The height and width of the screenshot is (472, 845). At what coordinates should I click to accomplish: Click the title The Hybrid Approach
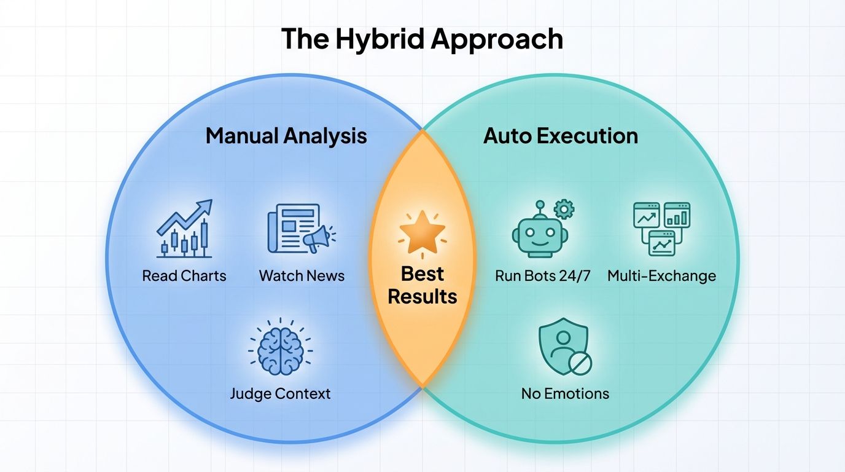pyautogui.click(x=422, y=39)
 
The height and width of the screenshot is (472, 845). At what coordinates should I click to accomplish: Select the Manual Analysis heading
pyautogui.click(x=286, y=136)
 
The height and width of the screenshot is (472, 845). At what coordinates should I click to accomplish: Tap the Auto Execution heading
pyautogui.click(x=560, y=136)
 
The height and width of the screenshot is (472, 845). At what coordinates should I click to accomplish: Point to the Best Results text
pyautogui.click(x=422, y=285)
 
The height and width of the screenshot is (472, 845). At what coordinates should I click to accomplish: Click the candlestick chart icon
pyautogui.click(x=184, y=229)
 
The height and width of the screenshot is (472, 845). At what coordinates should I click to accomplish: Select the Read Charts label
pyautogui.click(x=184, y=275)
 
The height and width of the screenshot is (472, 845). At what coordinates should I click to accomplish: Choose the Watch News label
pyautogui.click(x=302, y=275)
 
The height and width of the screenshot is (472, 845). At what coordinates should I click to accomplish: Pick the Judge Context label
pyautogui.click(x=280, y=393)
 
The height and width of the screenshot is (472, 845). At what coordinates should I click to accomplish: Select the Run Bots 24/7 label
pyautogui.click(x=542, y=275)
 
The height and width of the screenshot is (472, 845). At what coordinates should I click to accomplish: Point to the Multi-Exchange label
pyautogui.click(x=661, y=275)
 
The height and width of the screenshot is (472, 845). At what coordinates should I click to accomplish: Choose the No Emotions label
pyautogui.click(x=565, y=393)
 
